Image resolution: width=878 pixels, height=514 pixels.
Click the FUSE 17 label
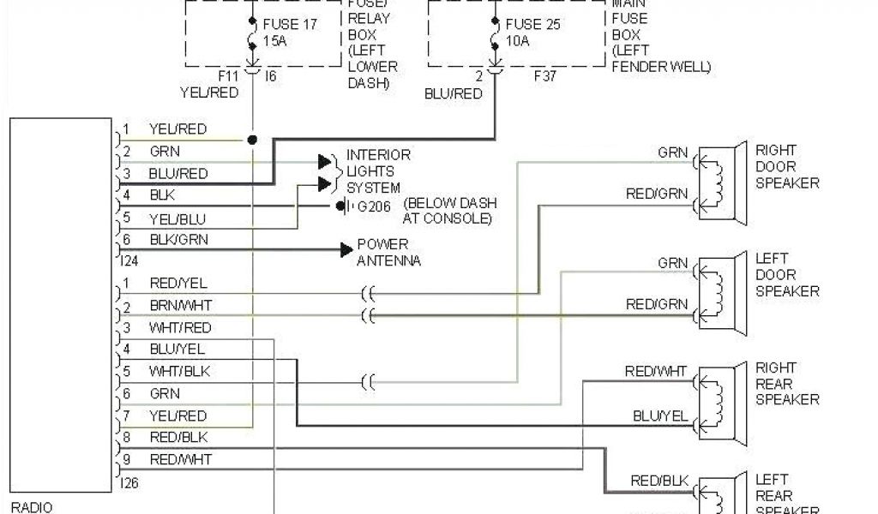tap(291, 24)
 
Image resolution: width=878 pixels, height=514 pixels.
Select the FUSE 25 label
tap(532, 24)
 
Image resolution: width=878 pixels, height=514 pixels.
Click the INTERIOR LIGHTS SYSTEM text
tap(378, 171)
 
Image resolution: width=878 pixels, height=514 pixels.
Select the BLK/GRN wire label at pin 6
tap(178, 239)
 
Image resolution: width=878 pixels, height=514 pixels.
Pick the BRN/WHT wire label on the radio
tap(180, 305)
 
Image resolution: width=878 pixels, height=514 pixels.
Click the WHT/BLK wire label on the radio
tap(179, 371)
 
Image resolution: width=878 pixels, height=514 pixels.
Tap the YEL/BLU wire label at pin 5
tap(177, 218)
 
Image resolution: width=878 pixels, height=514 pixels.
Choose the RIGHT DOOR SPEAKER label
tap(786, 166)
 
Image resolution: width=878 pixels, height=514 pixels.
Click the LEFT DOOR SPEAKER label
tap(786, 274)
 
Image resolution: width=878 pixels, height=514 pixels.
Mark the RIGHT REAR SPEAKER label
tap(786, 383)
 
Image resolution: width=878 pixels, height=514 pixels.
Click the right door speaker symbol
tap(717, 182)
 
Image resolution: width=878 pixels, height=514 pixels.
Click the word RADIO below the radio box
tap(31, 507)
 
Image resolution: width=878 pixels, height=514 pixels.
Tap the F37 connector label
tap(545, 76)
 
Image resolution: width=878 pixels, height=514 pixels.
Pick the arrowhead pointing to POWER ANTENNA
tap(346, 249)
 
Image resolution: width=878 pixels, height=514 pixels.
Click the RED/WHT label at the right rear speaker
tap(655, 371)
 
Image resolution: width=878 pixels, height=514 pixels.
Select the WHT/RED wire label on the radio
tap(180, 327)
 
